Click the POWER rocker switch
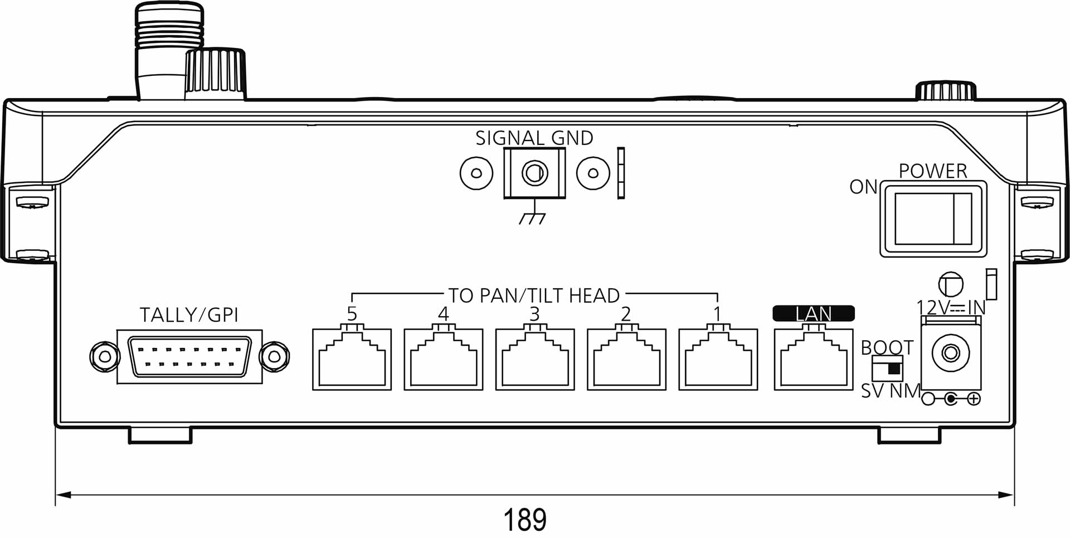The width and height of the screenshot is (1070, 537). [933, 219]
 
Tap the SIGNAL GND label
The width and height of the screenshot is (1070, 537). [534, 138]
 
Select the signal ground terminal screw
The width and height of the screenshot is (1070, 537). [534, 173]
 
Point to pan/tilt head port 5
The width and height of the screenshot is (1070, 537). [352, 359]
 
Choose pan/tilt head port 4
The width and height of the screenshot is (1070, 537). [443, 359]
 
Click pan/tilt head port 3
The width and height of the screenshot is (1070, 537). [534, 359]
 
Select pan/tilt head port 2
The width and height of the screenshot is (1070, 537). [626, 359]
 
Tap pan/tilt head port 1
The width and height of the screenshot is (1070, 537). [718, 359]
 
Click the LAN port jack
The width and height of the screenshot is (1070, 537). [813, 359]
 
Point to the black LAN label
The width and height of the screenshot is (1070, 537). [813, 313]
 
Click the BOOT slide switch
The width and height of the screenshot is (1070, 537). [887, 369]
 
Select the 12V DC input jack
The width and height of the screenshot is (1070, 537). [951, 353]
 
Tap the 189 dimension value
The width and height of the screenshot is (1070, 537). [524, 519]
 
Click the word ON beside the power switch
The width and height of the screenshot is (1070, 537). [863, 187]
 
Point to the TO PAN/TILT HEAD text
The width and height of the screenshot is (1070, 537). [534, 296]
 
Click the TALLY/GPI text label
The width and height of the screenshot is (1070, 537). [189, 315]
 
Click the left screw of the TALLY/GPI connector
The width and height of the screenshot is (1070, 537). [104, 356]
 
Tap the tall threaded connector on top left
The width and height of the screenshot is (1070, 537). [169, 50]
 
